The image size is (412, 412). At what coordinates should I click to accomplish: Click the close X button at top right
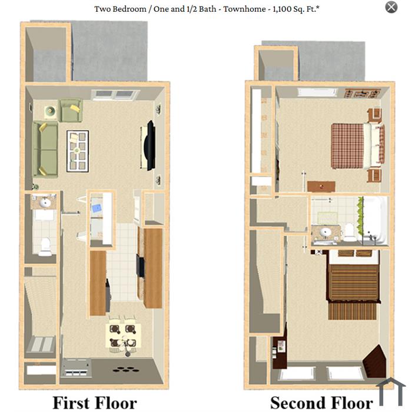[391, 7]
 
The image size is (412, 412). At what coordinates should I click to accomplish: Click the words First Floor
[95, 402]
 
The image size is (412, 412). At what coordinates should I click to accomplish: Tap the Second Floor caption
[321, 402]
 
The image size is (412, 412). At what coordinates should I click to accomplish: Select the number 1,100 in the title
[282, 9]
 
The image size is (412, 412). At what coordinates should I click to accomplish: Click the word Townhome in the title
[244, 9]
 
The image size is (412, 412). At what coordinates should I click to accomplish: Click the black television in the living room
[150, 145]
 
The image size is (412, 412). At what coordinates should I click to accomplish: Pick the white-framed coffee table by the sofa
[78, 151]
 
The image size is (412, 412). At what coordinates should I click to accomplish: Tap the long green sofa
[45, 149]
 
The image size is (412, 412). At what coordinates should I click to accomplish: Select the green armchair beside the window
[71, 111]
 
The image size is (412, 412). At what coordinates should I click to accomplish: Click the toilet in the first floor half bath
[45, 247]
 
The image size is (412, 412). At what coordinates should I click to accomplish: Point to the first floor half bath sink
[45, 202]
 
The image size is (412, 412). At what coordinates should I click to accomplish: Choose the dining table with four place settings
[123, 335]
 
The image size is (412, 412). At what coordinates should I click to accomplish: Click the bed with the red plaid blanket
[357, 146]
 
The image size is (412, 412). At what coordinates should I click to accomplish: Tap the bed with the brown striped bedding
[353, 284]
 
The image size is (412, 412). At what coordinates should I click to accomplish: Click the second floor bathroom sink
[326, 232]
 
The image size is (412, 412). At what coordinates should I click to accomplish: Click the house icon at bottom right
[391, 392]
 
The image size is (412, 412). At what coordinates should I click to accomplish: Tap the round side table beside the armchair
[50, 111]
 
